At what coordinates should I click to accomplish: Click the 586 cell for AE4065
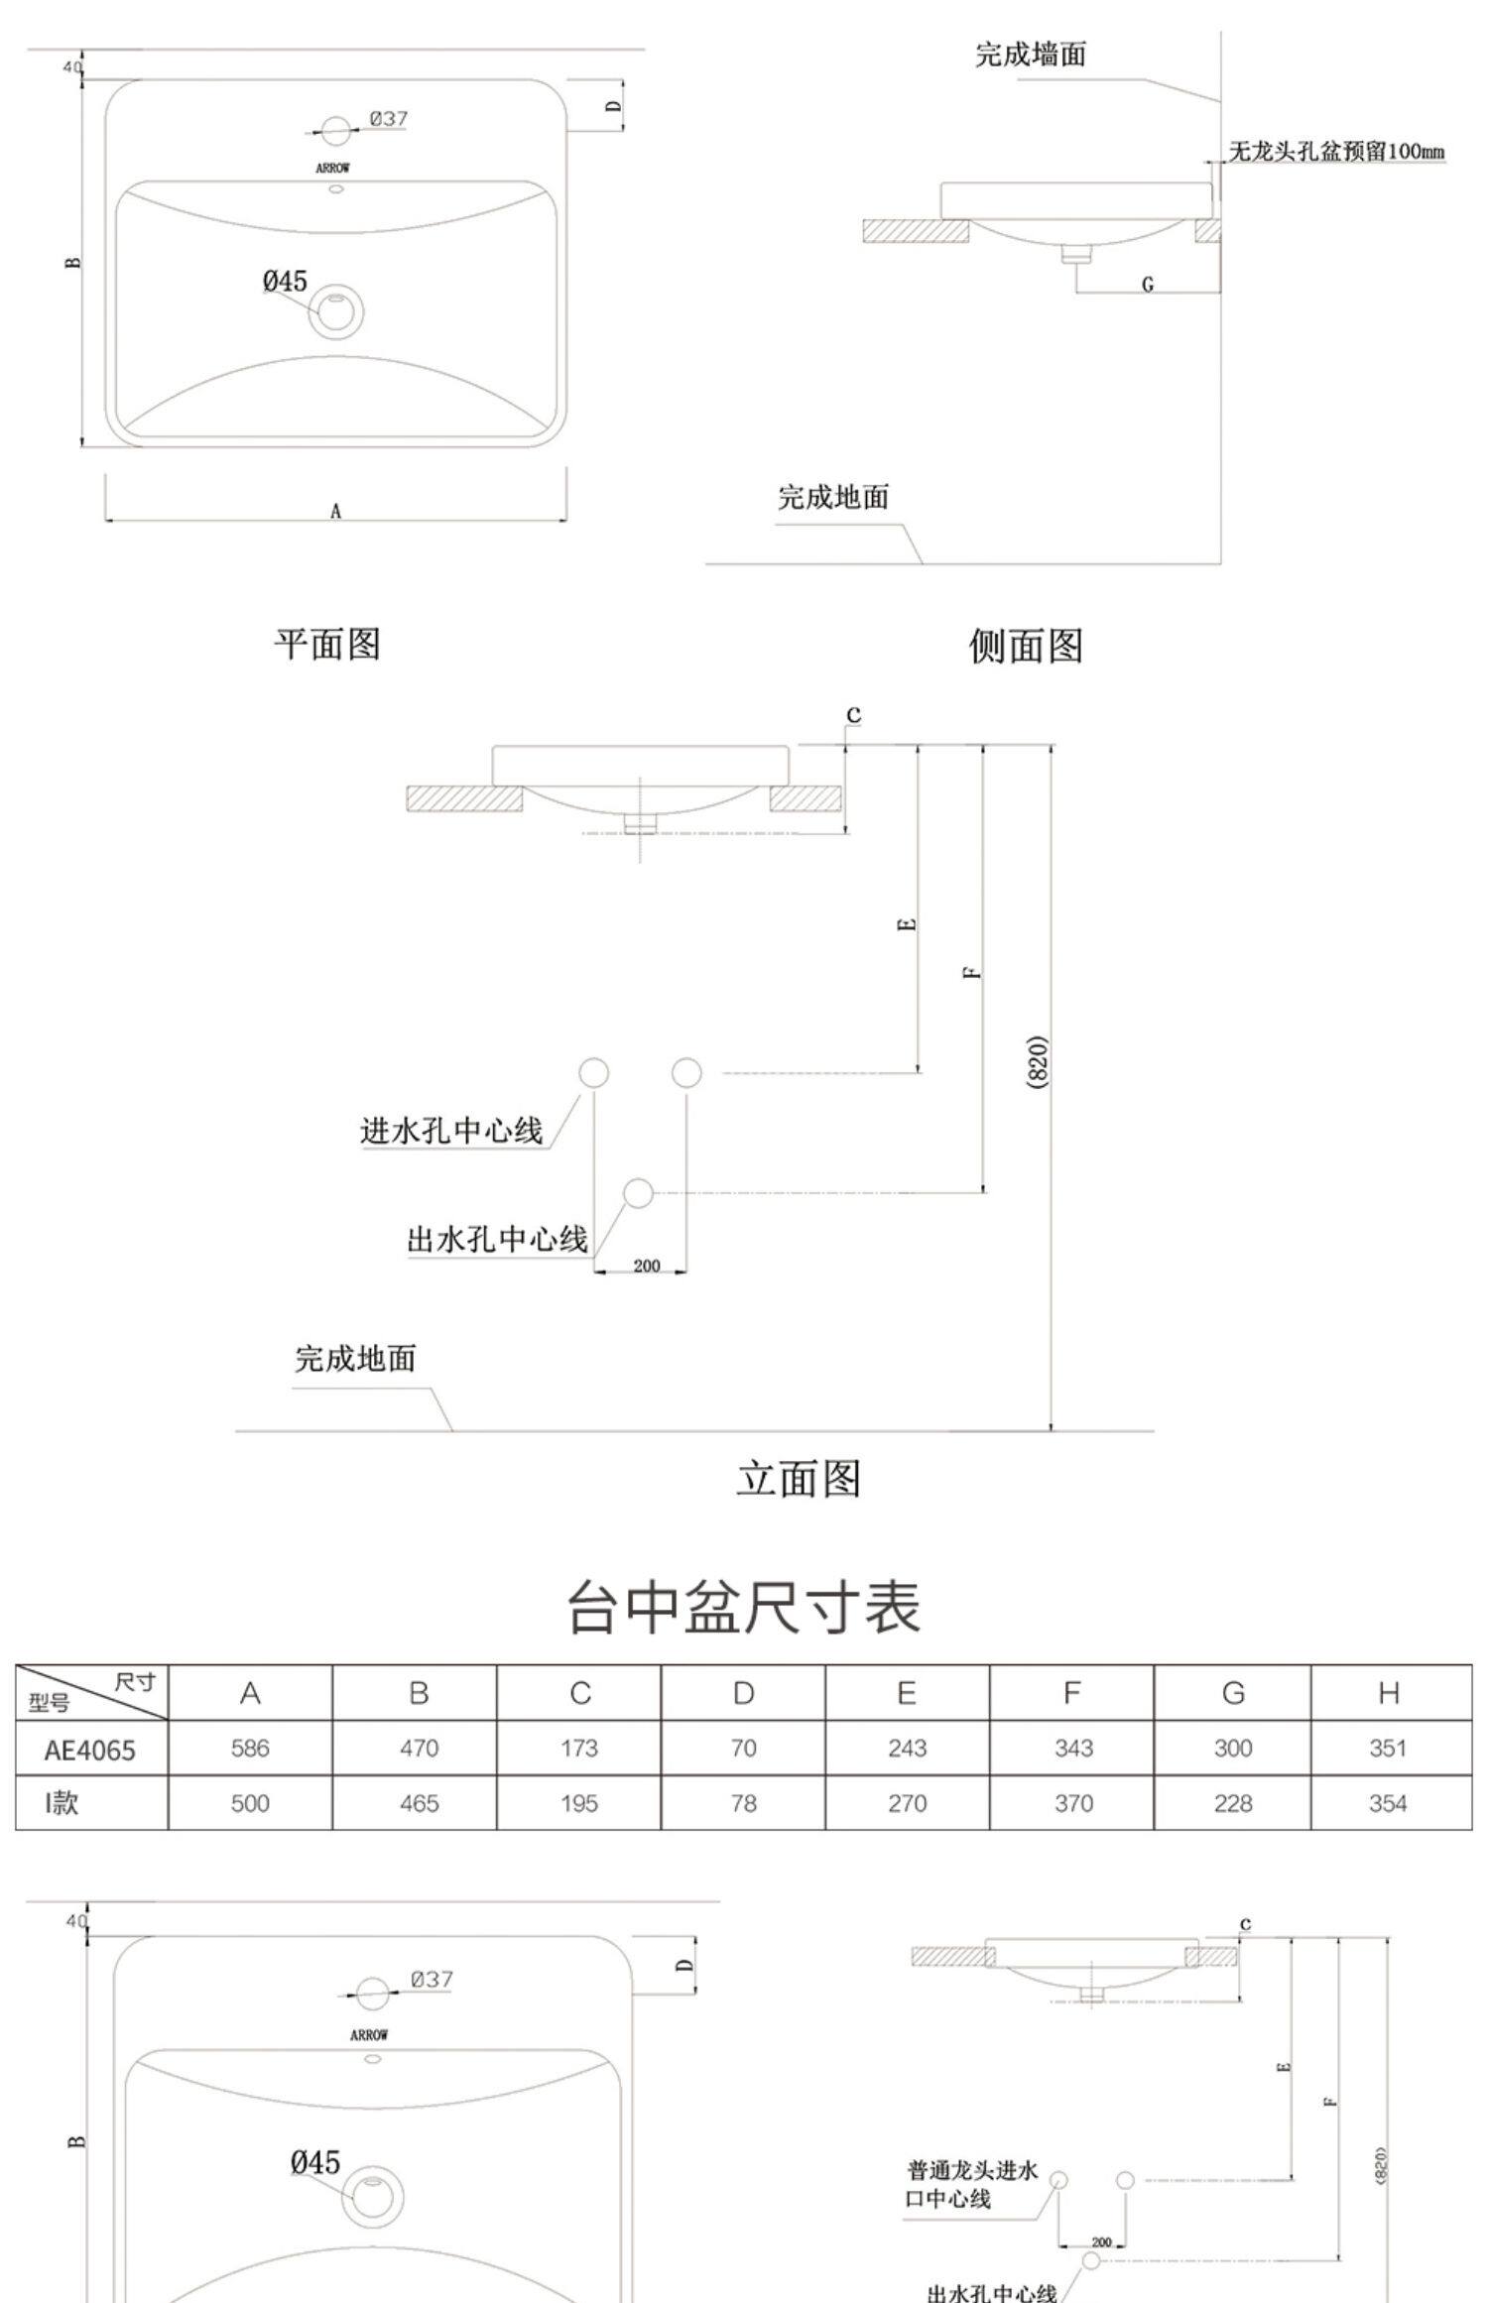click(x=250, y=1748)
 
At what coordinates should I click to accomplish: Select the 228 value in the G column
click(x=1232, y=1803)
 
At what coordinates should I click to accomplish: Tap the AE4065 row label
click(x=89, y=1750)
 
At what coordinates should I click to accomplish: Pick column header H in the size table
click(x=1388, y=1693)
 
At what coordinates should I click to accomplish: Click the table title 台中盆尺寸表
click(x=743, y=1608)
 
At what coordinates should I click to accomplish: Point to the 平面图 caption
click(x=327, y=645)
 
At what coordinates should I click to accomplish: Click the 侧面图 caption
click(x=1025, y=647)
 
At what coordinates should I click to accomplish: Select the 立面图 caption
click(x=799, y=1479)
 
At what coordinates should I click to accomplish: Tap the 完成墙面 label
click(x=1030, y=56)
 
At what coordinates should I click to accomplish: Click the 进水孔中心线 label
click(x=451, y=1131)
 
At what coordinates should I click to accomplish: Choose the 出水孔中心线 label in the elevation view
click(x=497, y=1239)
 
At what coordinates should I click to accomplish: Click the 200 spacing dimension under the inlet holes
click(x=646, y=1266)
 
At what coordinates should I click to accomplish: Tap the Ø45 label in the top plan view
click(x=285, y=282)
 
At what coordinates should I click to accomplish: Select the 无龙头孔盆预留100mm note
click(x=1335, y=152)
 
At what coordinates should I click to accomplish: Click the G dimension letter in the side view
click(x=1148, y=285)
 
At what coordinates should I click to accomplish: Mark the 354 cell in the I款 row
click(x=1387, y=1803)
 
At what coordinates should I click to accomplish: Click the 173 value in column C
click(x=578, y=1748)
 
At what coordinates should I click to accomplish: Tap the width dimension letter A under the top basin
click(x=336, y=512)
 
